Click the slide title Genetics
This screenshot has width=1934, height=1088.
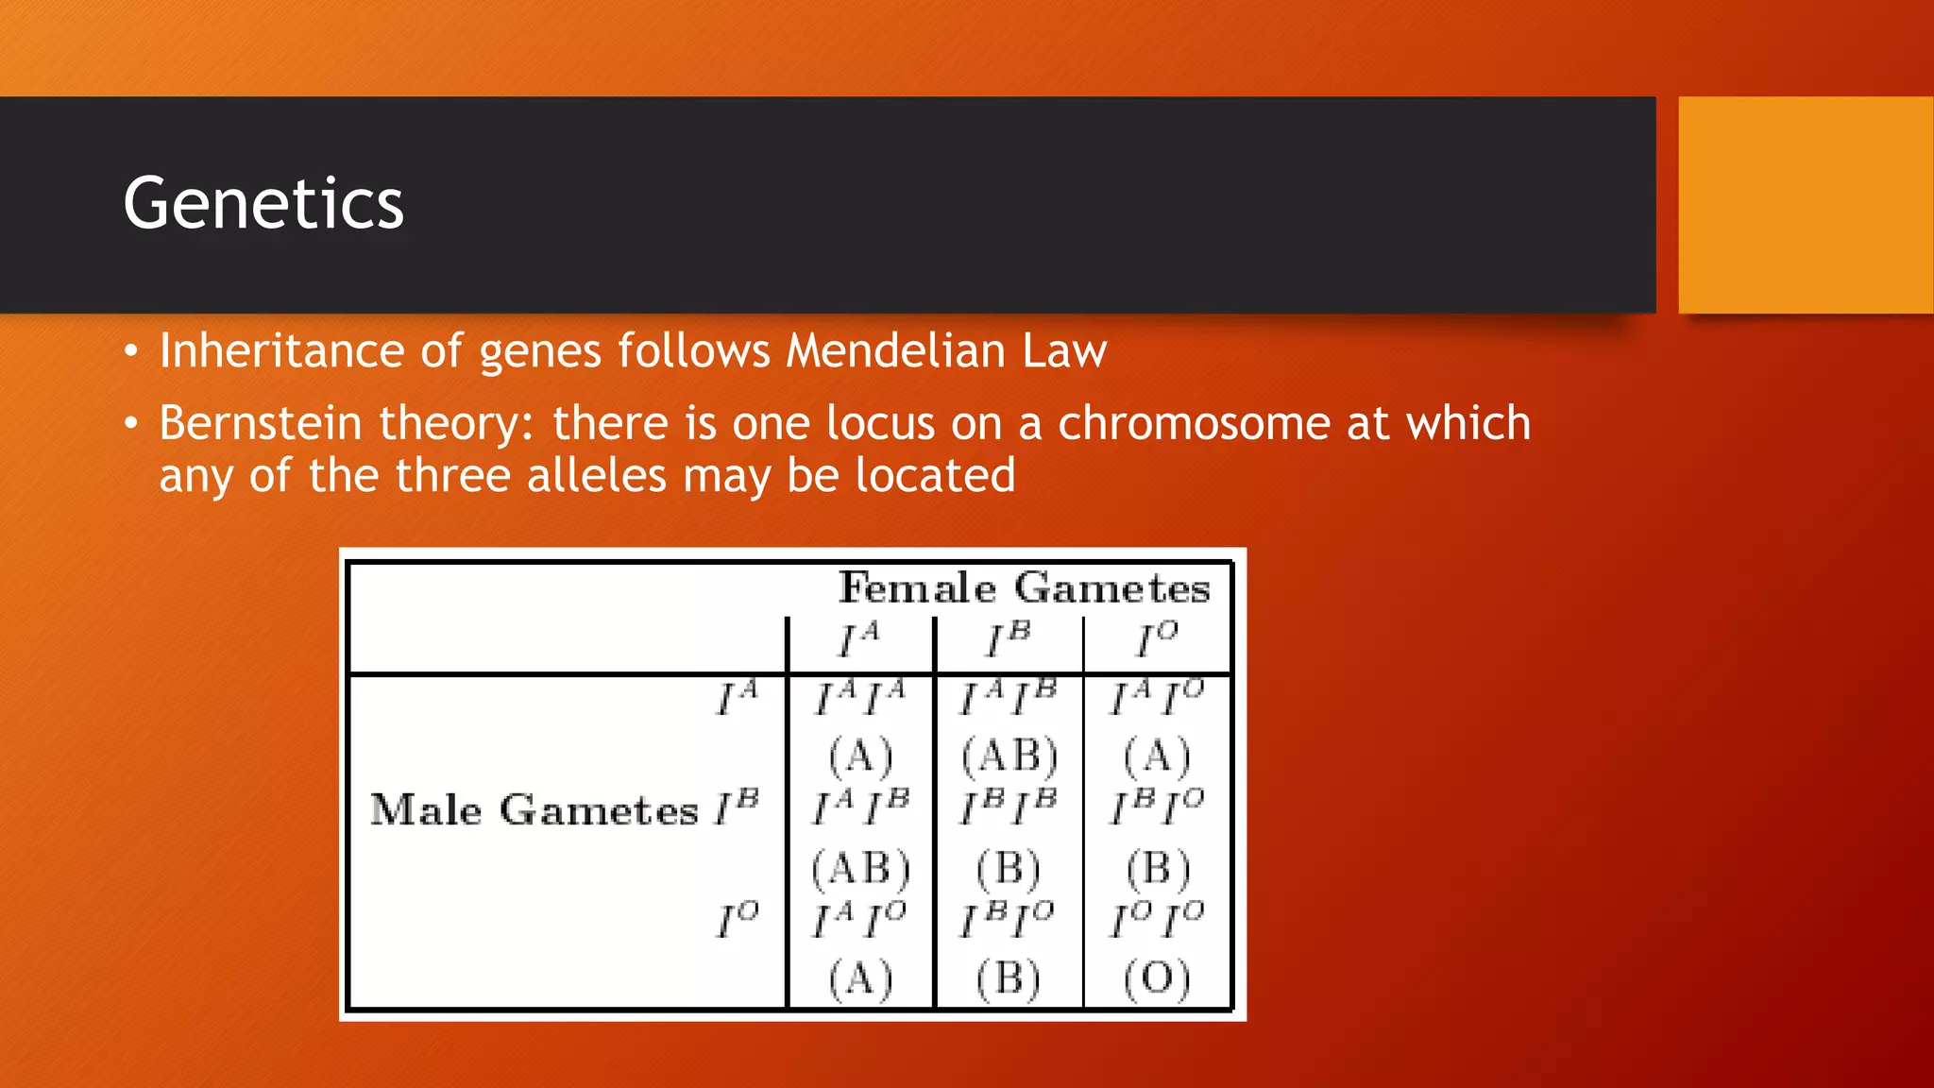tap(263, 203)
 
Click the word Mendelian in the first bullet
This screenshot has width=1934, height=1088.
tap(895, 350)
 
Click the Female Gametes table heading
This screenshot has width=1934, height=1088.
tap(1024, 588)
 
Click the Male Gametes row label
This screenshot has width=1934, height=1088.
tap(534, 810)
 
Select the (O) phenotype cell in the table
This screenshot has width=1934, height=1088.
tap(1157, 978)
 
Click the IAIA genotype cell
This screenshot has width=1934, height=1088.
tap(859, 698)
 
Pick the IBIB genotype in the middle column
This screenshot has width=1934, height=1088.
tap(1009, 807)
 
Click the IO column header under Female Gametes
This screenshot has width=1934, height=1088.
tap(1157, 639)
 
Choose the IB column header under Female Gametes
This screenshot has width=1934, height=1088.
tap(1009, 639)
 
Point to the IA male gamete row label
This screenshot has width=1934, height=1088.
tap(738, 698)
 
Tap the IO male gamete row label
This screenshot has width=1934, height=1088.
tap(738, 919)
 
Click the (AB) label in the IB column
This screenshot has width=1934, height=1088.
tap(1009, 756)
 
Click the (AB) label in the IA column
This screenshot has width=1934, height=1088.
tap(859, 868)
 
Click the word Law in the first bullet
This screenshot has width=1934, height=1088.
tap(1064, 350)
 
